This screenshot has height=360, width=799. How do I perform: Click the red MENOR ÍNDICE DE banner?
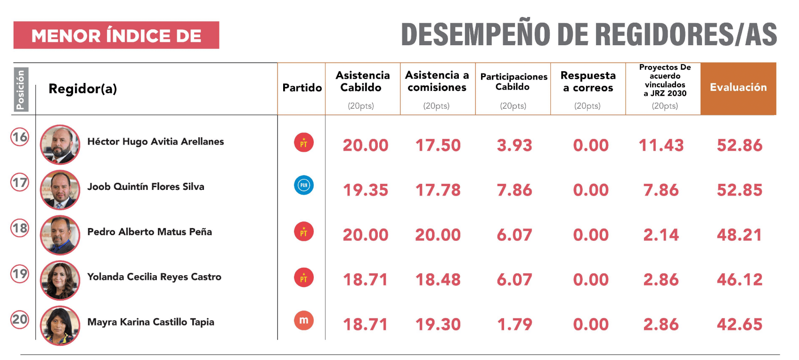pyautogui.click(x=116, y=35)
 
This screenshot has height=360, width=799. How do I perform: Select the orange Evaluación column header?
pyautogui.click(x=738, y=88)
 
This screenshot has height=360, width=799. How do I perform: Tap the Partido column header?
pyautogui.click(x=302, y=88)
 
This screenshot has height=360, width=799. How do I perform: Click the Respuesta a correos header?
pyautogui.click(x=588, y=82)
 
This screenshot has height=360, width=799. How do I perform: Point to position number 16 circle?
pyautogui.click(x=20, y=137)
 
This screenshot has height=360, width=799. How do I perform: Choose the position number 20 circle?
pyautogui.click(x=20, y=319)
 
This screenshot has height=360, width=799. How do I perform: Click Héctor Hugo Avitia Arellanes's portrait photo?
pyautogui.click(x=60, y=145)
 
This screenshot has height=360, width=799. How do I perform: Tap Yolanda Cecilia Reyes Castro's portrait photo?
pyautogui.click(x=60, y=280)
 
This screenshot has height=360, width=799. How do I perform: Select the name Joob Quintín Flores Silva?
pyautogui.click(x=146, y=187)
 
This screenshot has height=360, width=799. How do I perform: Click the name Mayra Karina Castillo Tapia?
pyautogui.click(x=151, y=322)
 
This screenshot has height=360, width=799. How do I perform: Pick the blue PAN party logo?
pyautogui.click(x=304, y=185)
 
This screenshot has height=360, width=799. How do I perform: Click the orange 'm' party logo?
pyautogui.click(x=304, y=320)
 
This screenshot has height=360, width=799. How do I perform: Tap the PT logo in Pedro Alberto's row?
pyautogui.click(x=304, y=232)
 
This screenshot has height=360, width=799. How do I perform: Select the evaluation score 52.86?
pyautogui.click(x=739, y=145)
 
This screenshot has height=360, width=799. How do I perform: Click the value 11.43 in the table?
pyautogui.click(x=661, y=145)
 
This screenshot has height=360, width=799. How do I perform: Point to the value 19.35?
pyautogui.click(x=366, y=190)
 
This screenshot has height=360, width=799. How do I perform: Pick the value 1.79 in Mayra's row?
pyautogui.click(x=514, y=324)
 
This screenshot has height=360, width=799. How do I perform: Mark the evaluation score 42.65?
pyautogui.click(x=739, y=324)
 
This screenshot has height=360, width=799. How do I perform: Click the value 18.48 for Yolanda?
pyautogui.click(x=438, y=279)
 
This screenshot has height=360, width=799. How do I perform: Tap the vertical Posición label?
pyautogui.click(x=20, y=90)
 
